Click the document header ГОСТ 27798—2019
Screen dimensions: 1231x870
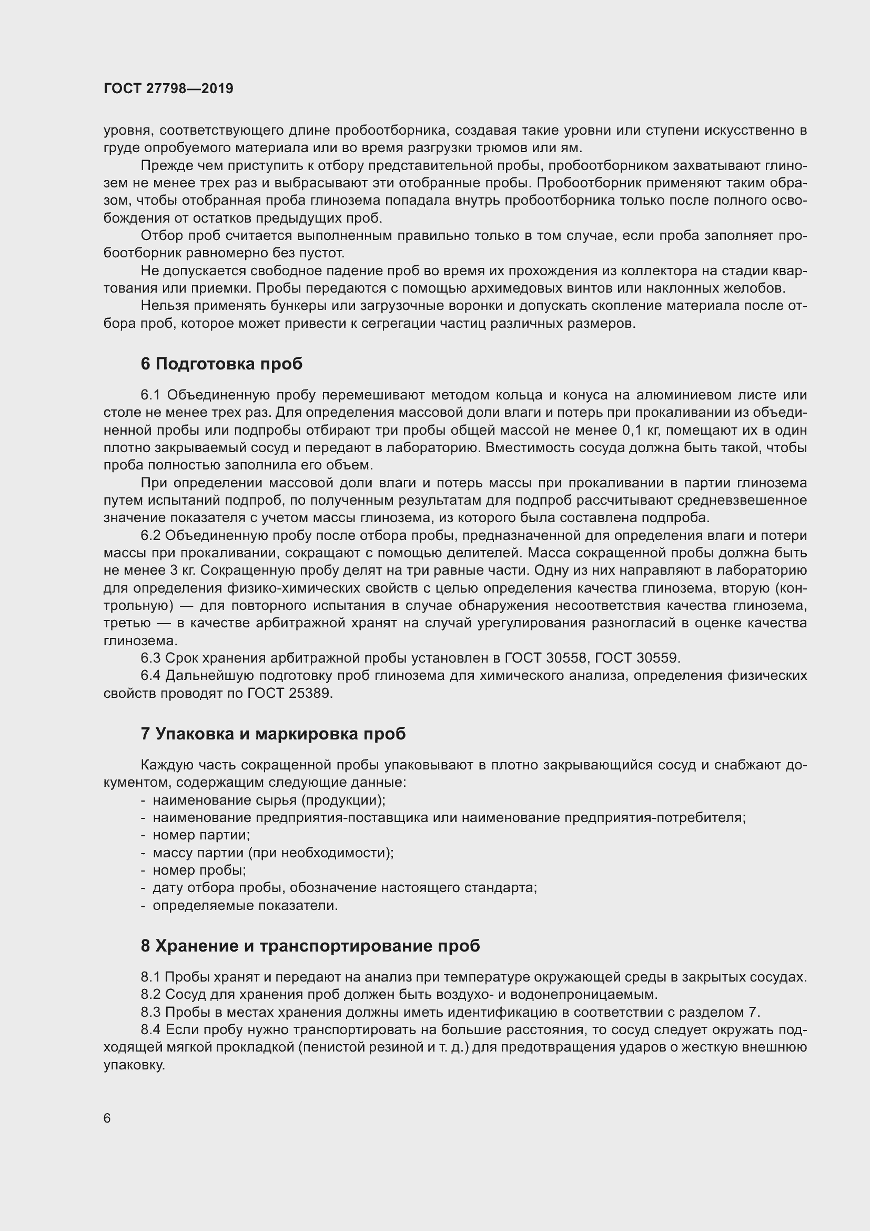click(x=168, y=88)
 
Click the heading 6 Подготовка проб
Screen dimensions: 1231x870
click(x=221, y=364)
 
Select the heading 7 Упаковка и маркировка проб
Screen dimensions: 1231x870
click(x=273, y=734)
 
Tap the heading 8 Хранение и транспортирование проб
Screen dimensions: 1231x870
click(x=310, y=946)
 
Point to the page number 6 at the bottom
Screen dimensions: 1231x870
click(x=107, y=1118)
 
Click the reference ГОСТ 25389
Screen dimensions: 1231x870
click(x=290, y=693)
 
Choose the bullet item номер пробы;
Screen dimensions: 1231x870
click(x=199, y=870)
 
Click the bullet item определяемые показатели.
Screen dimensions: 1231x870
click(x=245, y=906)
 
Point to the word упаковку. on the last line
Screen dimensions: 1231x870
click(x=134, y=1065)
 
